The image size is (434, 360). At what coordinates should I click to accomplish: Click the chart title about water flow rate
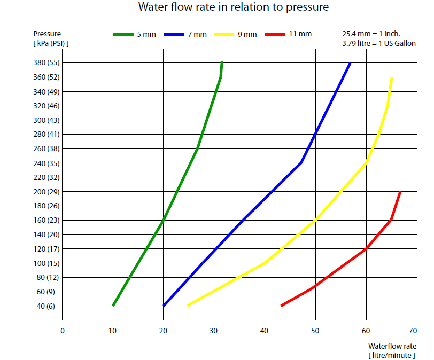(x=233, y=7)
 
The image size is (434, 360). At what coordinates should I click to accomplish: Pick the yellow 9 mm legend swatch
(x=224, y=35)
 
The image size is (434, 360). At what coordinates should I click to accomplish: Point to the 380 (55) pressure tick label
(x=47, y=62)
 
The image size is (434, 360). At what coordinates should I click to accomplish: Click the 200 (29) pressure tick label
(x=47, y=191)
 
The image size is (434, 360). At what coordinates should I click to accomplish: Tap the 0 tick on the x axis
(x=63, y=331)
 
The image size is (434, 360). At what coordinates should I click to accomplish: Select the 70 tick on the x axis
(x=417, y=331)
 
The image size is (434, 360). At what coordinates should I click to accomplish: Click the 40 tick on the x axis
(x=265, y=331)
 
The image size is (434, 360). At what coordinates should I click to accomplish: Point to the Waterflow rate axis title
(x=392, y=346)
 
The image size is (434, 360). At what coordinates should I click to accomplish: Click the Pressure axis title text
(x=47, y=34)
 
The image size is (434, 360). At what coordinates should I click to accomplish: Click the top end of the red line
(x=400, y=192)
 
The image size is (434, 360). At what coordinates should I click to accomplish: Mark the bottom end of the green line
(x=113, y=305)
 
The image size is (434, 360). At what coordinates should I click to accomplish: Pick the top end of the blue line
(x=350, y=63)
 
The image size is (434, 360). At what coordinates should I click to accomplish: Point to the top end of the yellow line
(x=392, y=78)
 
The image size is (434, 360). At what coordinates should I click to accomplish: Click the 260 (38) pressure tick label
(x=47, y=148)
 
